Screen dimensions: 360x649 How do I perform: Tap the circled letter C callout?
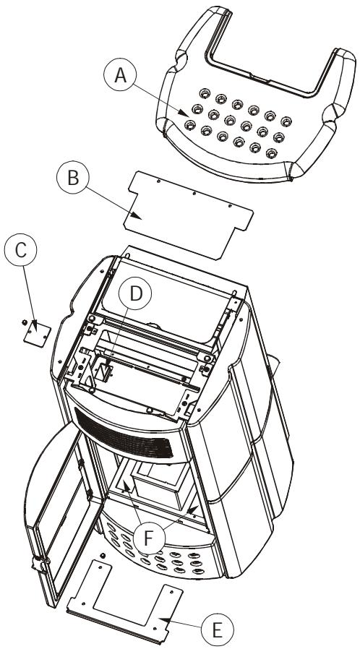21,249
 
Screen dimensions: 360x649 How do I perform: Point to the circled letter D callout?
135,293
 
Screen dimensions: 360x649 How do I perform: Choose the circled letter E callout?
217,630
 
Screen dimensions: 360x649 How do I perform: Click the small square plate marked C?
38,334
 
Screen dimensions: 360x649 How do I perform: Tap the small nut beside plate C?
25,322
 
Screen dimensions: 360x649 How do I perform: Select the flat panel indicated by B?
189,215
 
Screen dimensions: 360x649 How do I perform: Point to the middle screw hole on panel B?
194,193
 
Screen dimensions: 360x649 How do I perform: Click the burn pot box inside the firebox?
161,482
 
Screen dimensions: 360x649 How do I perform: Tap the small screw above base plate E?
103,555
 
